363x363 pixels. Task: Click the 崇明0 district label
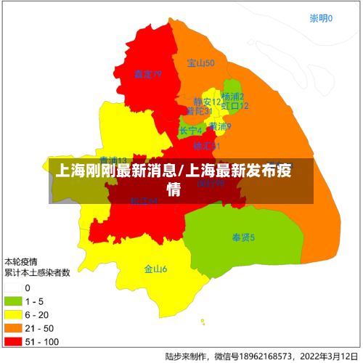tap(321, 18)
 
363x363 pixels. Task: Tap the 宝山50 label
tap(200, 63)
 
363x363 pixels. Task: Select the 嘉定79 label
tap(147, 74)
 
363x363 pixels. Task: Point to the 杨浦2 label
tap(233, 97)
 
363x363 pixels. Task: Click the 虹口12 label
tap(235, 106)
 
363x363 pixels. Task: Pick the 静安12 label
tap(207, 102)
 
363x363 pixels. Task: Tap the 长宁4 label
tap(191, 131)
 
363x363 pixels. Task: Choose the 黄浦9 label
tap(220, 126)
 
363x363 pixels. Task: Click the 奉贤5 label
tap(243, 237)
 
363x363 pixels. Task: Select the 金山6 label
tap(155, 269)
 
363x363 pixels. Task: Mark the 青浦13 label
tap(113, 161)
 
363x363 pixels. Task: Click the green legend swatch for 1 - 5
tap(13, 301)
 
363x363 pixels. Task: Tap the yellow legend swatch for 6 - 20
tap(13, 314)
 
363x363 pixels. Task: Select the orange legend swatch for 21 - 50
tap(13, 327)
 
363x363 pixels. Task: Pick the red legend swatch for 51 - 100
tap(13, 340)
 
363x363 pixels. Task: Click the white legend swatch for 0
tap(13, 288)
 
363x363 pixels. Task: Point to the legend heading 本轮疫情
tap(21, 261)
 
